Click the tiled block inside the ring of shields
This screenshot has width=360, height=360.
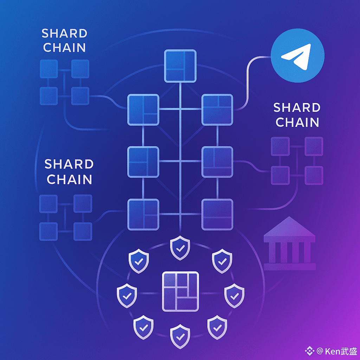pyautogui.click(x=180, y=291)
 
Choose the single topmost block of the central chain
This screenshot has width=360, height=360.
pyautogui.click(x=180, y=66)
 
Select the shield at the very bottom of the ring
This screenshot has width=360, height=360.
pyautogui.click(x=180, y=337)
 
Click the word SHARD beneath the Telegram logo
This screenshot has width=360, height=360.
pyautogui.click(x=297, y=107)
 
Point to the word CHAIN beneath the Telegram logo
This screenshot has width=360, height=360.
pyautogui.click(x=297, y=122)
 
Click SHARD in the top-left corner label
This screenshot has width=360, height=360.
pyautogui.click(x=64, y=33)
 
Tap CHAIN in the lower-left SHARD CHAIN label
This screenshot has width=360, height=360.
pyautogui.click(x=69, y=179)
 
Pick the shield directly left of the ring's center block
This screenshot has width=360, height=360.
pyautogui.click(x=127, y=294)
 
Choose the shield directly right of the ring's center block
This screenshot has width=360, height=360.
pyautogui.click(x=234, y=294)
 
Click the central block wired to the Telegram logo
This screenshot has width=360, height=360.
pyautogui.click(x=217, y=110)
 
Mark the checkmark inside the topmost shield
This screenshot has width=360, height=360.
pyautogui.click(x=180, y=249)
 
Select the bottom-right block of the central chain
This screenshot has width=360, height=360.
pyautogui.click(x=217, y=214)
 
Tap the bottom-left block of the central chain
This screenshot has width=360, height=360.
pyautogui.click(x=143, y=214)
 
